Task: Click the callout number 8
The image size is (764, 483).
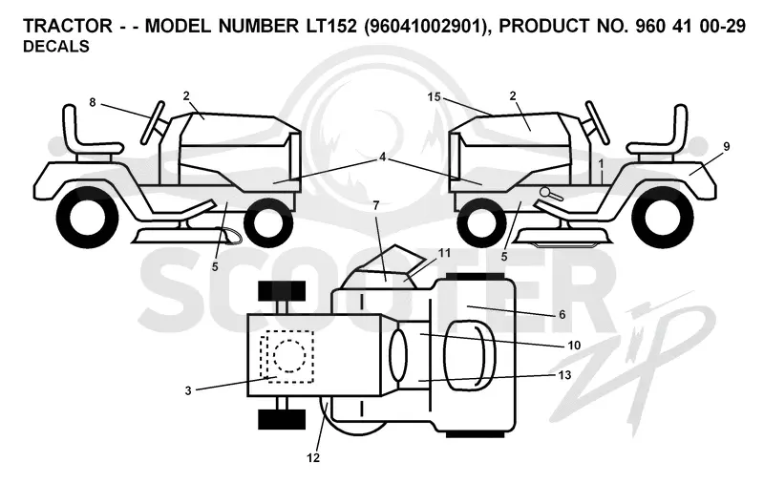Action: pos(93,102)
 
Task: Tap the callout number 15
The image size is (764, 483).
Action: pos(434,97)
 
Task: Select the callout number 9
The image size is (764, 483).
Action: pos(726,147)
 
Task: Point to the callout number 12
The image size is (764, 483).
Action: pos(313,457)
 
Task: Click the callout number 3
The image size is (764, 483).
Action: pos(188,390)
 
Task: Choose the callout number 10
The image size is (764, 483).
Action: pos(575,346)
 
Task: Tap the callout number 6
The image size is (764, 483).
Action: pos(562,315)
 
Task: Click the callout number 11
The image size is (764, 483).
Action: pos(444,253)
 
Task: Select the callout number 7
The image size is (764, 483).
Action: pos(375,205)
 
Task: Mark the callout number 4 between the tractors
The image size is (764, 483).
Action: pos(383,157)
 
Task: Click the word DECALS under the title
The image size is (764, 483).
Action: pos(56,46)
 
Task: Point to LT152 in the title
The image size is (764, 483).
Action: pos(331,26)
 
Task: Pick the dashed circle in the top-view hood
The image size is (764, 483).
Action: pos(289,355)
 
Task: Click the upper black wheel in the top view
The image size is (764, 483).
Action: pos(282,291)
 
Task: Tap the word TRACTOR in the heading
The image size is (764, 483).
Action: pos(68,26)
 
